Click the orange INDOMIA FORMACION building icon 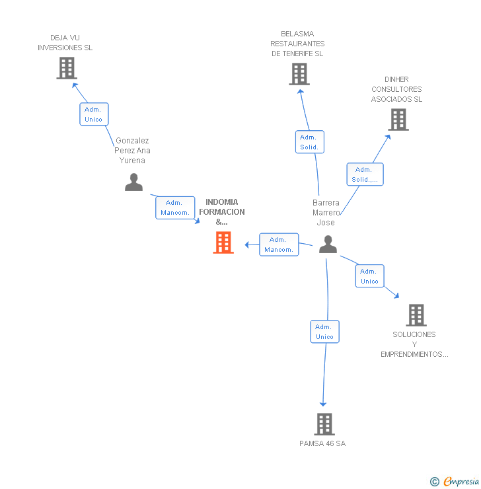[223, 243]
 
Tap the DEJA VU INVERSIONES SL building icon [66, 68]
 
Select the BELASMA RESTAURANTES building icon [299, 74]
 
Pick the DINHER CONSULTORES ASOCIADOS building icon [398, 120]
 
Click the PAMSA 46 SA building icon [324, 424]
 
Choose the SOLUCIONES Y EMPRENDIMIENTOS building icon [416, 315]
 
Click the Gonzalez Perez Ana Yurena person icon [133, 182]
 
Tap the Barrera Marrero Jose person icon [328, 244]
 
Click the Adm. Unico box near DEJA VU [94, 114]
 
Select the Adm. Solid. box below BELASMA [309, 142]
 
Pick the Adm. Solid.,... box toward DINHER [365, 174]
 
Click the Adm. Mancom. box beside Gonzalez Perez [175, 207]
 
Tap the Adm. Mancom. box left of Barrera [279, 244]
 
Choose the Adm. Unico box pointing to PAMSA [324, 332]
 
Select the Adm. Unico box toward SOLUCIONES [369, 276]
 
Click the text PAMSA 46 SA [322, 443]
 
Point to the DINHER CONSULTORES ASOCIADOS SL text [396, 89]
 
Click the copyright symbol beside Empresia [435, 482]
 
